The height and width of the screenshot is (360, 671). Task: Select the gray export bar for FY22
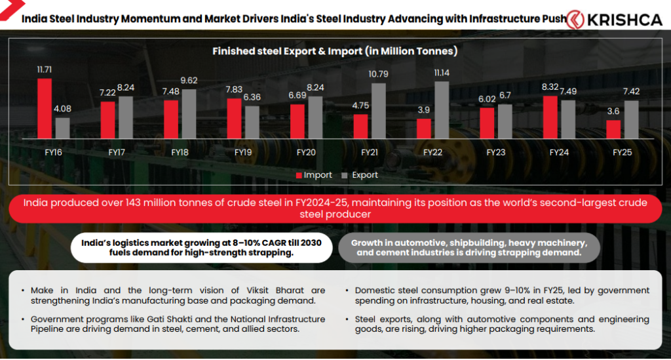tap(442, 110)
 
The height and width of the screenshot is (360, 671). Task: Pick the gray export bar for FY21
tap(379, 111)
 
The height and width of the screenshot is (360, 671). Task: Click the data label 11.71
tap(45, 69)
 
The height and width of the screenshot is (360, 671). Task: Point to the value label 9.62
tap(189, 81)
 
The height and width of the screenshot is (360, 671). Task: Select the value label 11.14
tap(442, 72)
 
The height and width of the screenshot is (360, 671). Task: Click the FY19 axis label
tap(242, 152)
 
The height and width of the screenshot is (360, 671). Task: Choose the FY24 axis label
tap(559, 152)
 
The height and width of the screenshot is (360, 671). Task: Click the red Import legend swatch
tap(299, 176)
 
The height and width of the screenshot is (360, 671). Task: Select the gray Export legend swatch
tap(345, 176)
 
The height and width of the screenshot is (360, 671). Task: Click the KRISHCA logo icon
tap(575, 20)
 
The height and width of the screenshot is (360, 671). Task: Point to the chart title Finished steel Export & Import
tap(335, 51)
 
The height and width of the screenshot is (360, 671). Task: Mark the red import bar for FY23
tap(487, 123)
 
